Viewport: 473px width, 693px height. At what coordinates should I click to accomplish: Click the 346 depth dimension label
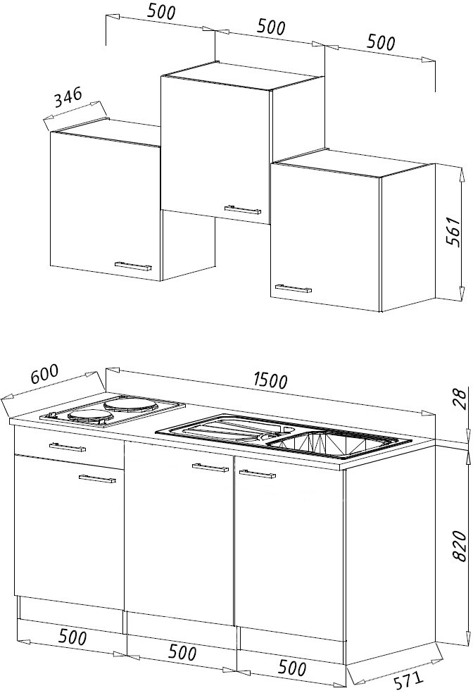pyautogui.click(x=68, y=98)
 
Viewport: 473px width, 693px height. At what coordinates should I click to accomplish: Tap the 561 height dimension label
pyautogui.click(x=453, y=232)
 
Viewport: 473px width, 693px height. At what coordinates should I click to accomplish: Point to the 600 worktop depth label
pyautogui.click(x=44, y=374)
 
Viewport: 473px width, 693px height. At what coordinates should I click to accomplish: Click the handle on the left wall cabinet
pyautogui.click(x=133, y=266)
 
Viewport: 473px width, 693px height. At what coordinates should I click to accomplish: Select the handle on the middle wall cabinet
pyautogui.click(x=242, y=208)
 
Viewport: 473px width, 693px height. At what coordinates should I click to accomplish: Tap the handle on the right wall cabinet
pyautogui.click(x=294, y=289)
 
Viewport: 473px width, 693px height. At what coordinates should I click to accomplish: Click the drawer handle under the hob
pyautogui.click(x=68, y=447)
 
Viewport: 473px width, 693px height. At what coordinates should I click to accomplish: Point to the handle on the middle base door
pyautogui.click(x=210, y=468)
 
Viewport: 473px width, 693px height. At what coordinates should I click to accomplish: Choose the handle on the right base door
pyautogui.click(x=257, y=474)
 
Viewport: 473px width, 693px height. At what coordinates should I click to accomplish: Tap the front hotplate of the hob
pyautogui.click(x=89, y=416)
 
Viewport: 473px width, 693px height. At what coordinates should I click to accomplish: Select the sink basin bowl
pyautogui.click(x=329, y=442)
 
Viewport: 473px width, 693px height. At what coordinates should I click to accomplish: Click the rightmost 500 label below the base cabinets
pyautogui.click(x=292, y=668)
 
